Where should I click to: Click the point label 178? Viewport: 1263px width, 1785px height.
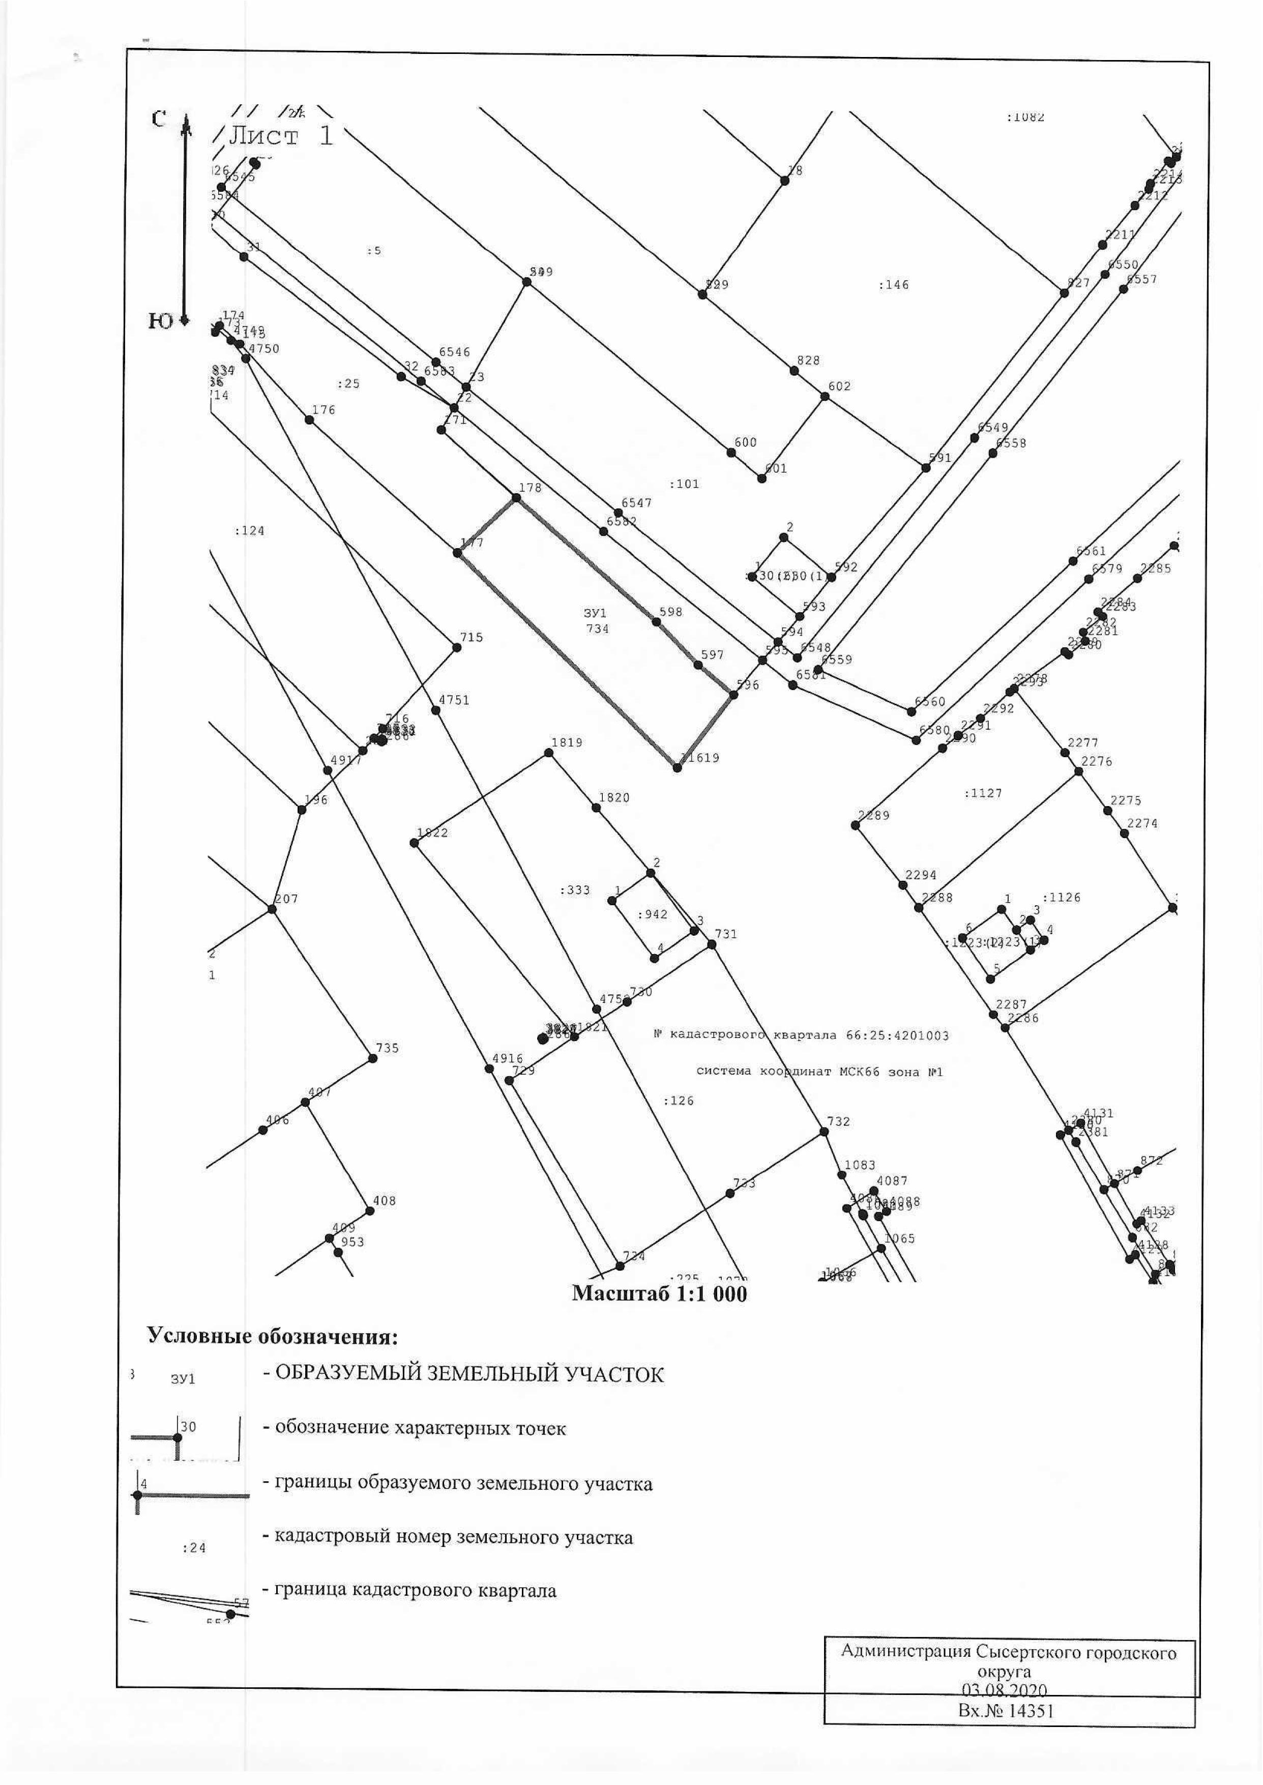pos(530,487)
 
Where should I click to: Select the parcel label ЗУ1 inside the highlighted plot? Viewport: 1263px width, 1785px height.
pos(595,614)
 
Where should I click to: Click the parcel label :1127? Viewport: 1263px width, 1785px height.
pos(983,793)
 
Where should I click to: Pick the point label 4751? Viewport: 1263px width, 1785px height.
pos(454,700)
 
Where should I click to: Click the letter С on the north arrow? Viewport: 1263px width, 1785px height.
pos(159,119)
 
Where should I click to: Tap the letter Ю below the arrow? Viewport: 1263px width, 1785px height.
pos(160,321)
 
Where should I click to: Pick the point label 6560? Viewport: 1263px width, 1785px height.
pos(930,702)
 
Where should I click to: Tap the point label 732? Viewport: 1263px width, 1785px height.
pos(838,1121)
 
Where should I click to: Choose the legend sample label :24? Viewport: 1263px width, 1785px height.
pos(194,1548)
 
